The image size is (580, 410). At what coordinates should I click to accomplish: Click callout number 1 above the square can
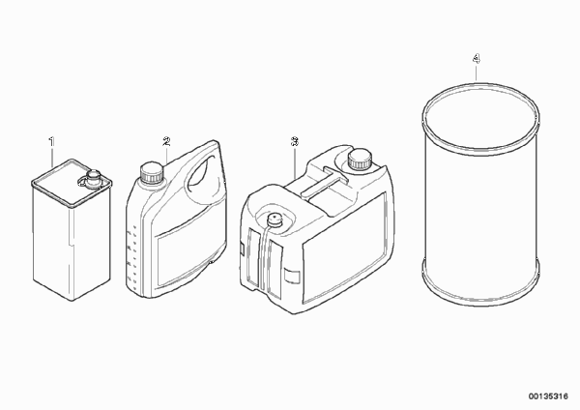point(52,141)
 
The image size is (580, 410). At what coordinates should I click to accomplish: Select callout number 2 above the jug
point(166,141)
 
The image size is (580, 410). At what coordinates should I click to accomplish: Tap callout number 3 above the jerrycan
point(295,141)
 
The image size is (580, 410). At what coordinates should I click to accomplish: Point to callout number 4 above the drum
point(477,58)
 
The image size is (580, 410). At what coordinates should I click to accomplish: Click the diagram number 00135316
point(548,396)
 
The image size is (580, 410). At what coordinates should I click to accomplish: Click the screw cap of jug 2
point(152,172)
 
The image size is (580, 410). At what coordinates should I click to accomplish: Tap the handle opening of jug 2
point(202,174)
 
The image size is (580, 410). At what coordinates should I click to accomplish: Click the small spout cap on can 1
point(93,178)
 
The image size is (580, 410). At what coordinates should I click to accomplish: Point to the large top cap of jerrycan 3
point(359,159)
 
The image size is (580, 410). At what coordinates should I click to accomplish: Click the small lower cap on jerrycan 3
point(275,220)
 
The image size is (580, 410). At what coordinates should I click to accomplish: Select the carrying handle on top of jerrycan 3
point(325,183)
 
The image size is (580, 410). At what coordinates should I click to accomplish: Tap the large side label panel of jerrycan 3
point(345,247)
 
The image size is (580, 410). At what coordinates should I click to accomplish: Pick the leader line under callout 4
point(477,73)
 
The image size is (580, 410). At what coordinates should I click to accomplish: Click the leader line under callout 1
point(52,157)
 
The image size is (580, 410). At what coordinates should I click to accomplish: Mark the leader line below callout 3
point(295,161)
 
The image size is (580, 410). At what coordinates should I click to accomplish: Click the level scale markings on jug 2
point(132,256)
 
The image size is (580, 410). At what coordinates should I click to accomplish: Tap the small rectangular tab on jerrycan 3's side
point(291,277)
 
